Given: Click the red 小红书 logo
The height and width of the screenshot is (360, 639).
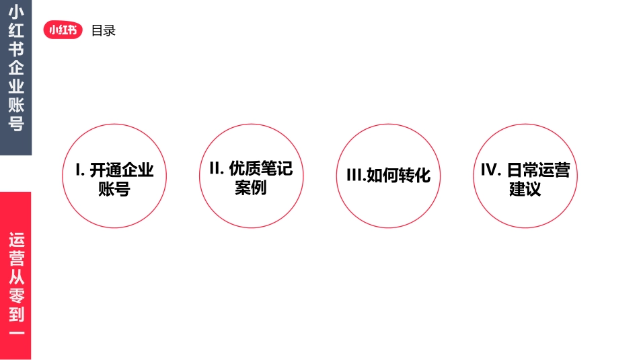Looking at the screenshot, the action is click(x=63, y=30).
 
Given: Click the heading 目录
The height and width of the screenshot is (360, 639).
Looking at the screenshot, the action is click(x=104, y=30).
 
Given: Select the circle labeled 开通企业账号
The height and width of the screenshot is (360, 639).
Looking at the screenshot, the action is click(x=114, y=176).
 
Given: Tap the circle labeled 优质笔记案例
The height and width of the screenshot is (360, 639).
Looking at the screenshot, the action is click(x=252, y=176).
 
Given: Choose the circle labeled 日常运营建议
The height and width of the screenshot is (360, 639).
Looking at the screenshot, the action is click(x=525, y=176).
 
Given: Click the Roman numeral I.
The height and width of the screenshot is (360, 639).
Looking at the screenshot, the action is click(x=78, y=170).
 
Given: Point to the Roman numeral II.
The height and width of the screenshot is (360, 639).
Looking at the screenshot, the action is click(x=216, y=168).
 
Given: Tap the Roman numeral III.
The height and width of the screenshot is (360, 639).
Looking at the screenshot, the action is click(x=354, y=176).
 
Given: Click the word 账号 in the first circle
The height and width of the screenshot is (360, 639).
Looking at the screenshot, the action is click(x=114, y=189).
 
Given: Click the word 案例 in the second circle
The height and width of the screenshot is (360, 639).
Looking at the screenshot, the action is click(x=251, y=188).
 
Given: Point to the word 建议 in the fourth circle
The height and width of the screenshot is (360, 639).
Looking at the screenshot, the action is click(x=525, y=189).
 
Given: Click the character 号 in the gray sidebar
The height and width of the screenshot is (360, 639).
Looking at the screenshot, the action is click(x=16, y=124).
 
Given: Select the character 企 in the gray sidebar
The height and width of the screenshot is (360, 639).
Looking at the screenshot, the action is click(x=16, y=68).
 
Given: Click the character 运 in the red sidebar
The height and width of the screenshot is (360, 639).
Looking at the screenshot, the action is click(x=16, y=240).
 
